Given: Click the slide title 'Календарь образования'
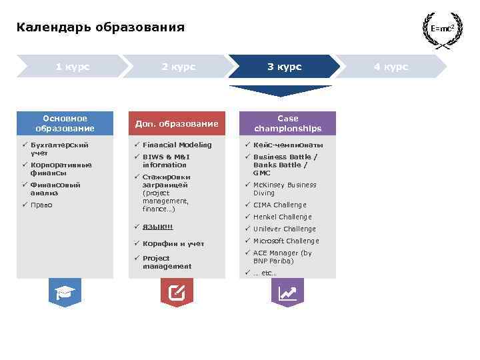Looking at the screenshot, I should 100,28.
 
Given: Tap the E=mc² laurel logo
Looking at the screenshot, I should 442,29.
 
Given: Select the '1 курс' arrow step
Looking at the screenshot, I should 72,67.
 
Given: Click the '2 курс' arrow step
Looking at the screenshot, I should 178,67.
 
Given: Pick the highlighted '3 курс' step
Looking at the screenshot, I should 284,67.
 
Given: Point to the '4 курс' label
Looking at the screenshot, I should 391,67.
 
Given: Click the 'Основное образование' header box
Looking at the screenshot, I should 65,123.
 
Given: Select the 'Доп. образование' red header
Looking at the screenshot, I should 177,123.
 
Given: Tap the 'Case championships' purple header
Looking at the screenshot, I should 287,123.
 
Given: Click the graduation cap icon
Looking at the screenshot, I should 65,292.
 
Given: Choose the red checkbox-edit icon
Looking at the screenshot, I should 177,292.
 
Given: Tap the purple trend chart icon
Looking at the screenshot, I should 287,292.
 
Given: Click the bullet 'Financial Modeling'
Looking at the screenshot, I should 177,145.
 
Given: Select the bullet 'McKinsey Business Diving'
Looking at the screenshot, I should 284,189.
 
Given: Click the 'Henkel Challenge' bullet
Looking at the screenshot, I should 282,217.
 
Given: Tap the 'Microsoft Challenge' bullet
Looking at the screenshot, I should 285,241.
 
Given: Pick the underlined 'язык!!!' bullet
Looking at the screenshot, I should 157,227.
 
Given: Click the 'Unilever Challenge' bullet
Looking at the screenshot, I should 284,229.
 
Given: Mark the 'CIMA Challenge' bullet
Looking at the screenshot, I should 279,205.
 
